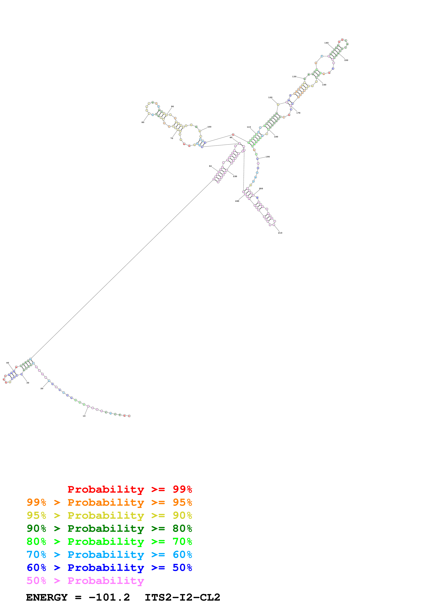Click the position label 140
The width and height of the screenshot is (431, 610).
326,43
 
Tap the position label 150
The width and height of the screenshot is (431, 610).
346,60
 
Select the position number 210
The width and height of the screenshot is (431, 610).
280,233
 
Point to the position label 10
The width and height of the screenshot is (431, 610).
84,416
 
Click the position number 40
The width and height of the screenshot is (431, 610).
8,363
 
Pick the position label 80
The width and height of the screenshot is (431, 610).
143,122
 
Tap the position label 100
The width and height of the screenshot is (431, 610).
209,127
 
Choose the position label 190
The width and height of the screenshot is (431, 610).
268,157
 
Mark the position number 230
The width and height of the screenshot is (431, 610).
235,176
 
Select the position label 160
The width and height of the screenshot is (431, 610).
324,85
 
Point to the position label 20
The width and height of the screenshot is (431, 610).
42,388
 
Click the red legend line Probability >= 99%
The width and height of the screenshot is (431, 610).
130,489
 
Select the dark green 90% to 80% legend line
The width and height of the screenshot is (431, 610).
109,528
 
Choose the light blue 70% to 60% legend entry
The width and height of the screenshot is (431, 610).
109,555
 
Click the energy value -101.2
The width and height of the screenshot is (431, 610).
109,597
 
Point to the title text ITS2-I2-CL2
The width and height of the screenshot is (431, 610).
182,597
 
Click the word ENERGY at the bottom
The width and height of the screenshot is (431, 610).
47,597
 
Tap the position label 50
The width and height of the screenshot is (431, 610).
210,166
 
